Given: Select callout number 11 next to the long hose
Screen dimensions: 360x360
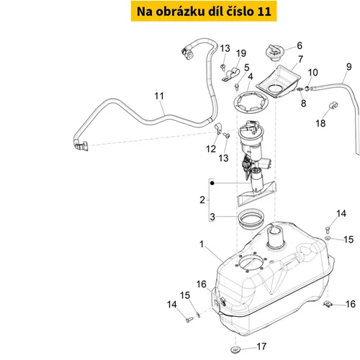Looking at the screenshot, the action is point(159,96).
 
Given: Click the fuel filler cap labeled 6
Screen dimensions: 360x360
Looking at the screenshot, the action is point(275,53).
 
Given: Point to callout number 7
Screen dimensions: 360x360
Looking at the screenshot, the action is point(300,59).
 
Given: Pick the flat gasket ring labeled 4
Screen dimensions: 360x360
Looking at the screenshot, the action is point(251,102).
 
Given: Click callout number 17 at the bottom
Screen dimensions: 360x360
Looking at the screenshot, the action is point(261,346).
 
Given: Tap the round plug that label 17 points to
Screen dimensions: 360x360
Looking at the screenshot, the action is point(235,349).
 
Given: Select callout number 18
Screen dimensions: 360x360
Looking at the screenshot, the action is point(320,123).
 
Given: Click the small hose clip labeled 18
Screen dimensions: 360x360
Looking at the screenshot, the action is point(333,105).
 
